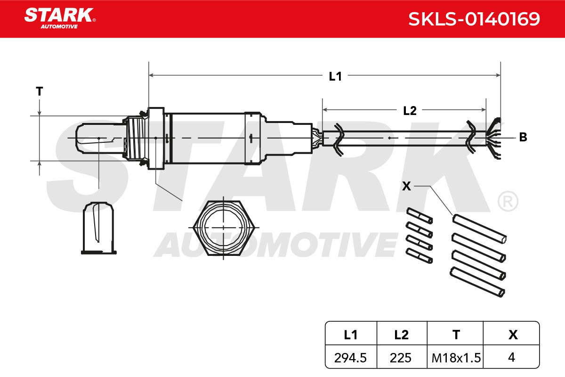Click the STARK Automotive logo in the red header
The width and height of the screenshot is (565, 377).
pyautogui.click(x=59, y=18)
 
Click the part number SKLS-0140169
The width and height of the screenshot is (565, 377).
pyautogui.click(x=474, y=19)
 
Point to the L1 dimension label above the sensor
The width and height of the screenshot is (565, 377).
pyautogui.click(x=335, y=76)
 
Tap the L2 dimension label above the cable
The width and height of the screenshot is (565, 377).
pyautogui.click(x=410, y=111)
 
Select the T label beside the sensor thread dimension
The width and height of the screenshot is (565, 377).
pyautogui.click(x=40, y=91)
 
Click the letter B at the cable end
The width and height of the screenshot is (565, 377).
pyautogui.click(x=523, y=137)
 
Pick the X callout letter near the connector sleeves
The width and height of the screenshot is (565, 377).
pyautogui.click(x=406, y=186)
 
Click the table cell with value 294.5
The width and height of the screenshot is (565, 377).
pyautogui.click(x=350, y=358)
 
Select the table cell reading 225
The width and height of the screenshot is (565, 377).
pyautogui.click(x=401, y=358)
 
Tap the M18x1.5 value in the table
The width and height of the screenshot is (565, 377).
pyautogui.click(x=456, y=358)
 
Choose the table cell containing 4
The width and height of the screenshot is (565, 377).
pyautogui.click(x=511, y=357)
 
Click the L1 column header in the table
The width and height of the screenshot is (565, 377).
pyautogui.click(x=351, y=335)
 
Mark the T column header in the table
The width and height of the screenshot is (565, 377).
pyautogui.click(x=456, y=335)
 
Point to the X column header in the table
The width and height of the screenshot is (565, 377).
pyautogui.click(x=513, y=335)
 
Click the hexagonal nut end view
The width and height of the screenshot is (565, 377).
pyautogui.click(x=223, y=228)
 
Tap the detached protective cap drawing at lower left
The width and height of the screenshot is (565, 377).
pyautogui.click(x=98, y=228)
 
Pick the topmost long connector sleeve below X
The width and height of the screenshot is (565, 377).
pyautogui.click(x=479, y=229)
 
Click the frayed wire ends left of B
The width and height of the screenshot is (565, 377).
pyautogui.click(x=494, y=139)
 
